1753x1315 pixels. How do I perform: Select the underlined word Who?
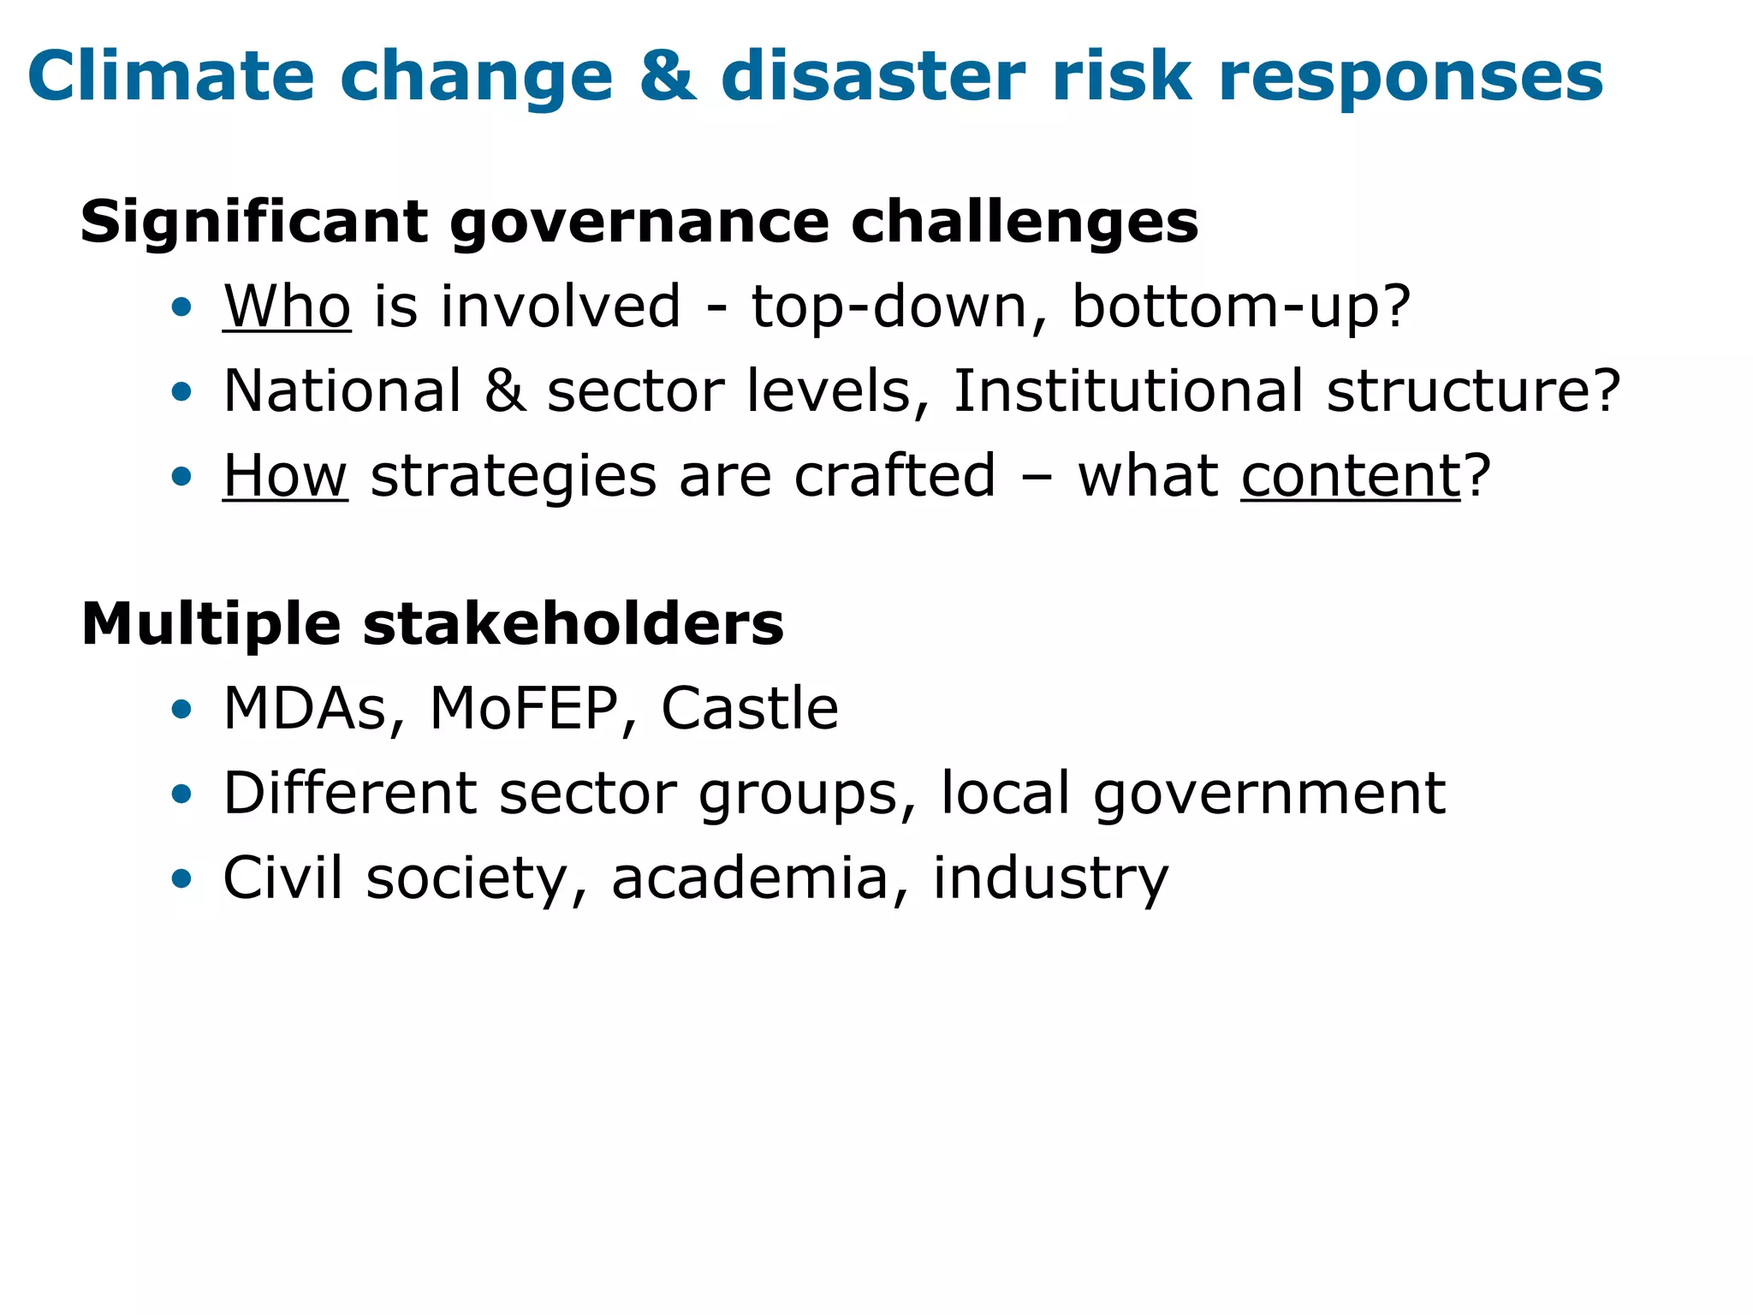pos(287,306)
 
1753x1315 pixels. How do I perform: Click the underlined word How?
pos(285,476)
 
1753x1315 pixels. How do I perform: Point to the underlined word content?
pos(1351,476)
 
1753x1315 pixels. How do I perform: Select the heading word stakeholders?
pos(573,624)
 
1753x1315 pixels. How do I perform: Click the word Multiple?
pos(211,624)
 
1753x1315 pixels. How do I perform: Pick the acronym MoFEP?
pos(523,709)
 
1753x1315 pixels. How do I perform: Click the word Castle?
pos(749,709)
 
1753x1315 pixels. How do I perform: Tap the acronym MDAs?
pos(305,709)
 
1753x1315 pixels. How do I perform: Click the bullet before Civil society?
pos(181,878)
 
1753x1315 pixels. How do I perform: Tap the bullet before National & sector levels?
pos(181,392)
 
